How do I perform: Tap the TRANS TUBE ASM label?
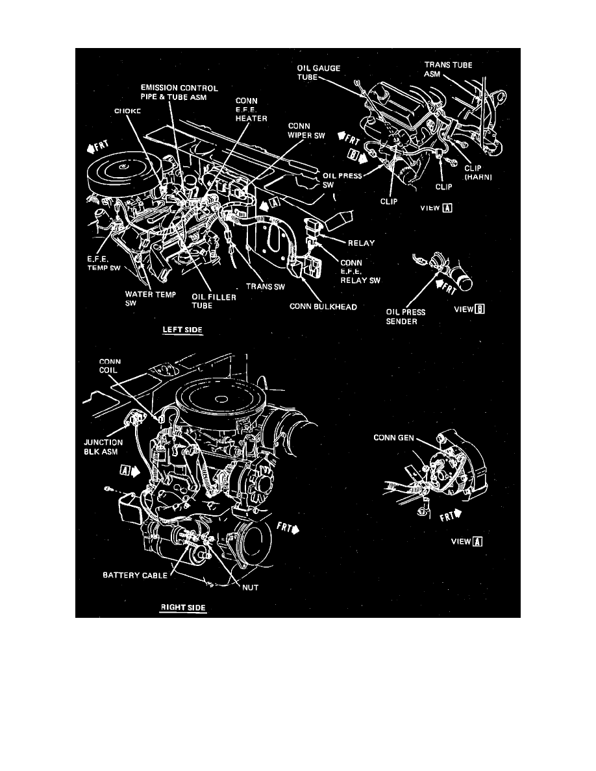click(x=447, y=69)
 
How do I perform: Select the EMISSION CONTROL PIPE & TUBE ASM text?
click(x=180, y=93)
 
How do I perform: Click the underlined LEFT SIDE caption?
click(x=182, y=330)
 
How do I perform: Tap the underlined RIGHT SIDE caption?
click(x=182, y=608)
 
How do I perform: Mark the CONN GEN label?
click(x=394, y=437)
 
